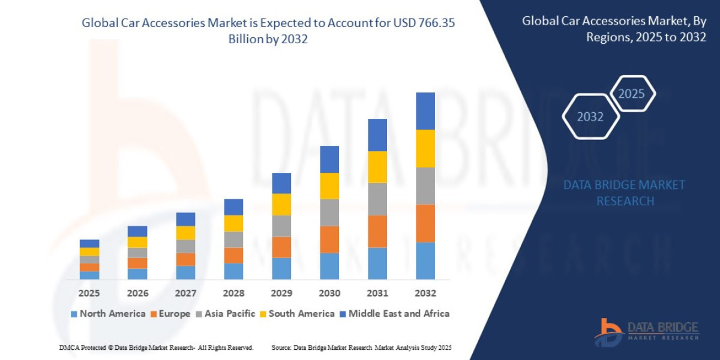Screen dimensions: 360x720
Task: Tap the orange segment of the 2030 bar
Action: pyautogui.click(x=329, y=239)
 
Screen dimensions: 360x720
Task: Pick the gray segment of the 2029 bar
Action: pyautogui.click(x=281, y=226)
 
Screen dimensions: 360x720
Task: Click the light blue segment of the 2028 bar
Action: pyautogui.click(x=233, y=271)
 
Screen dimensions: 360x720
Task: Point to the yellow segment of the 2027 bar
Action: pyautogui.click(x=185, y=233)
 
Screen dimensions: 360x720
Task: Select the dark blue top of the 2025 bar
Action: pyautogui.click(x=89, y=243)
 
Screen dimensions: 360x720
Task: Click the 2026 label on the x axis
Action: pyautogui.click(x=137, y=293)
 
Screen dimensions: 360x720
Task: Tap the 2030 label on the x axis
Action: pyautogui.click(x=329, y=293)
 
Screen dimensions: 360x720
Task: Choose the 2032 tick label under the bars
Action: pyautogui.click(x=425, y=293)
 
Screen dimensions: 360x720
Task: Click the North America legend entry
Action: pyautogui.click(x=108, y=314)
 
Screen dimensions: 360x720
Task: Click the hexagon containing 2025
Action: pyautogui.click(x=631, y=94)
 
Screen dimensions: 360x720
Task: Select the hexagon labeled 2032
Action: pyautogui.click(x=590, y=116)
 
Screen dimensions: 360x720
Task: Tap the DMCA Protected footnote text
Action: pyautogui.click(x=156, y=348)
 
